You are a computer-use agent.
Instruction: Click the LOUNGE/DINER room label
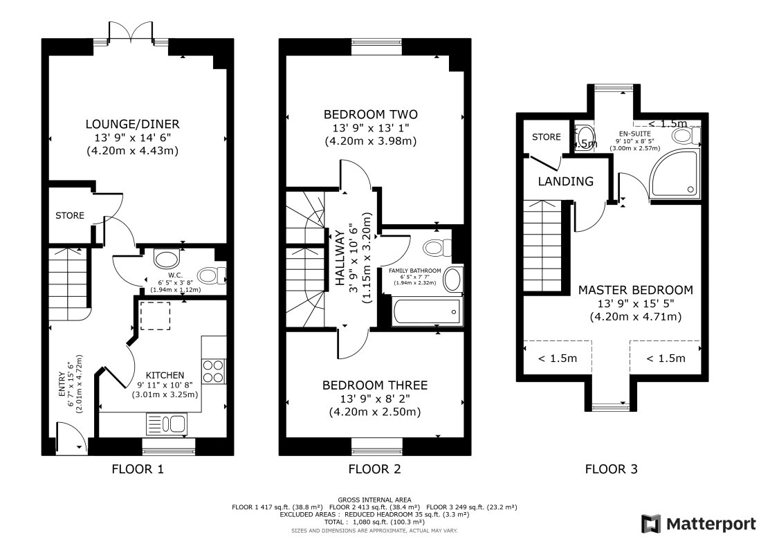click(x=132, y=125)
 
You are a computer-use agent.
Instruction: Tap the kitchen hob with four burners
click(x=214, y=371)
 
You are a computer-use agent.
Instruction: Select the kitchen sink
click(x=167, y=423)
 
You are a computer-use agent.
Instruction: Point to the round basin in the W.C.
click(x=165, y=259)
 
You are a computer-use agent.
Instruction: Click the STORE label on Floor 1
click(x=70, y=216)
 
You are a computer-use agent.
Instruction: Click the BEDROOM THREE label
click(x=375, y=385)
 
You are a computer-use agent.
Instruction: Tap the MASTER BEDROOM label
click(x=635, y=290)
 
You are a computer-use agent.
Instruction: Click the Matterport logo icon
click(x=650, y=523)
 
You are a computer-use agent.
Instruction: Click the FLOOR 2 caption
click(x=374, y=469)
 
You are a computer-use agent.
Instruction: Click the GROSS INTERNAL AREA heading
click(x=374, y=500)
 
